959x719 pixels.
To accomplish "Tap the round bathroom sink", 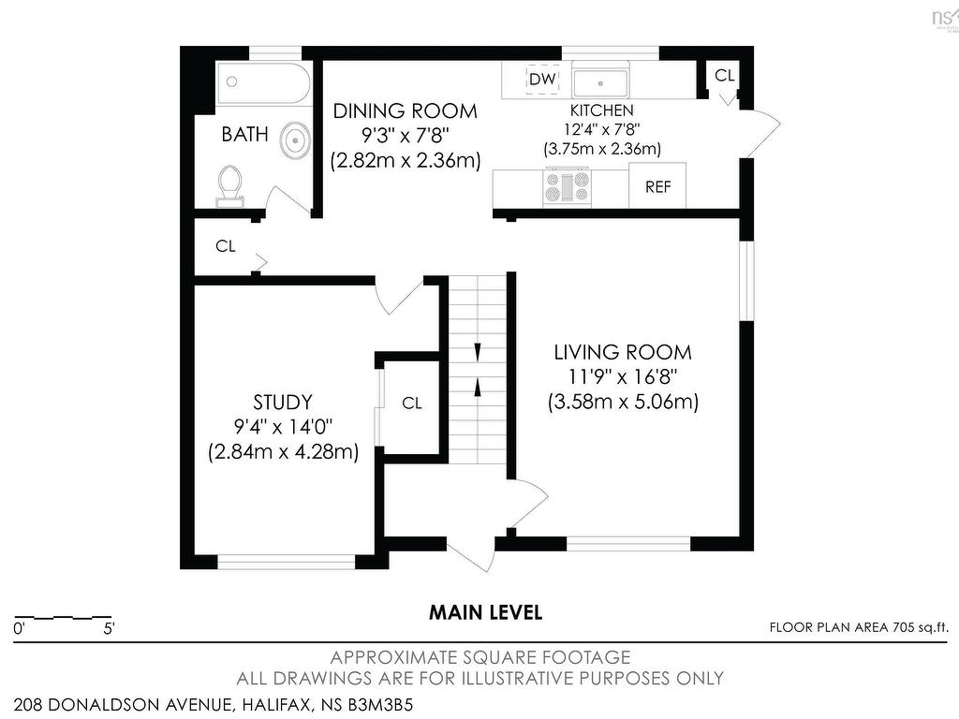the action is (x=295, y=140).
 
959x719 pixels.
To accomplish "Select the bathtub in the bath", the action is (x=263, y=82).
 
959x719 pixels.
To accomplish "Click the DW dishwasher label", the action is (x=542, y=79).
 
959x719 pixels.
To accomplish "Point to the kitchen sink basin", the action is (x=600, y=83).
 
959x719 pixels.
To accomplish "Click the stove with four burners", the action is (x=567, y=186).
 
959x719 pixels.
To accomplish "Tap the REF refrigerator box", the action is (x=657, y=185).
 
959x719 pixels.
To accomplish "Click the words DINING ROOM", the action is (x=405, y=111).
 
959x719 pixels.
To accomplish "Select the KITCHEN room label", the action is (x=602, y=110).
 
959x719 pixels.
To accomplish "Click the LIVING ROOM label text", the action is (x=623, y=352).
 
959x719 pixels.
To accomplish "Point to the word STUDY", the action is (x=283, y=403).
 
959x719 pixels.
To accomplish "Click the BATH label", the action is (x=244, y=134).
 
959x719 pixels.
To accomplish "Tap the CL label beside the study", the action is (x=412, y=404).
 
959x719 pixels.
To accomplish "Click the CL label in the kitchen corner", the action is (x=724, y=75).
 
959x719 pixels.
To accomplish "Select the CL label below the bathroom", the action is (x=225, y=246).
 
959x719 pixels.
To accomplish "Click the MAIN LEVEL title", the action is (x=486, y=612).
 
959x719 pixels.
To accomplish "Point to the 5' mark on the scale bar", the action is (x=109, y=628).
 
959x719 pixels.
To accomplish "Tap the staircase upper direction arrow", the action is (x=478, y=352).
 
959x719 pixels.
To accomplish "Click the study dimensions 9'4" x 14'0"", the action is (x=283, y=427).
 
